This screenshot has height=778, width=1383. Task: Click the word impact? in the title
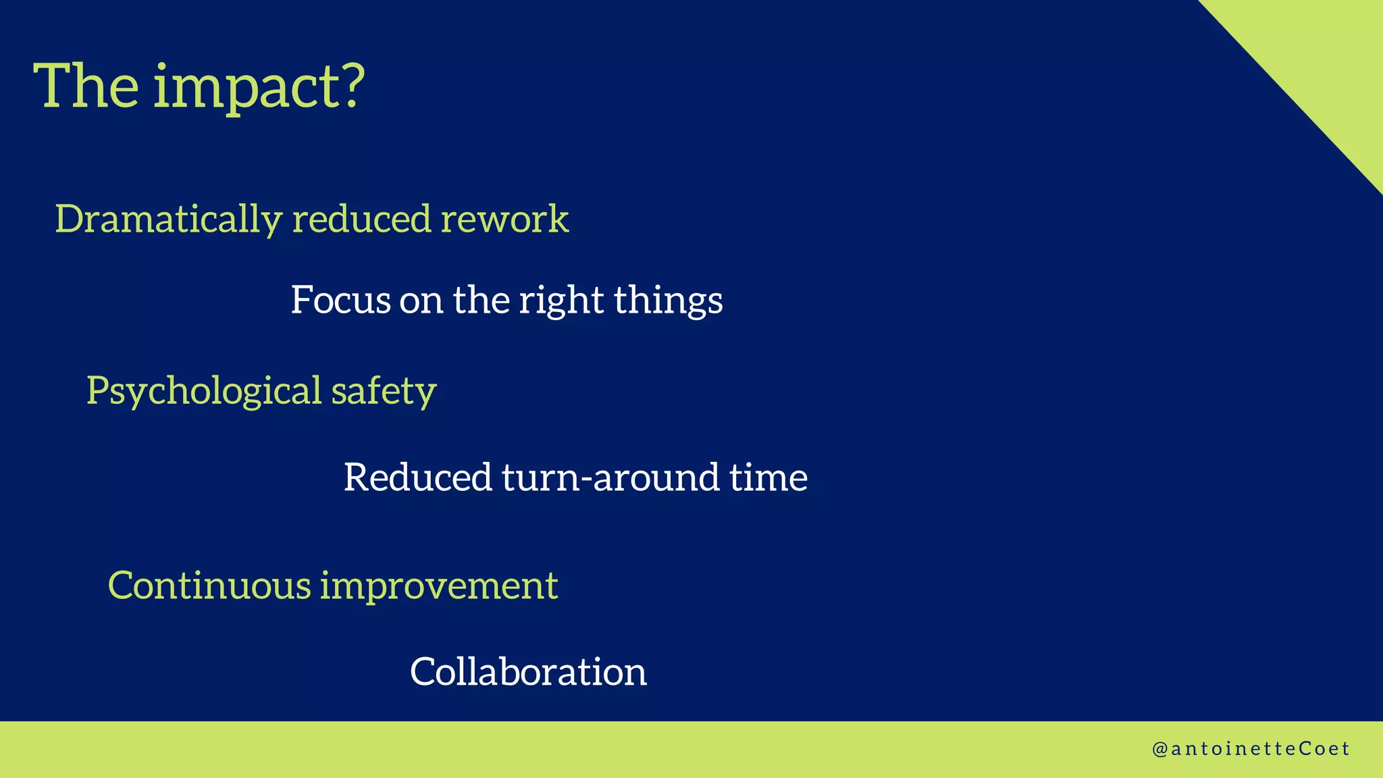pos(259,88)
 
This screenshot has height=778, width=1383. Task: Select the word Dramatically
pos(168,219)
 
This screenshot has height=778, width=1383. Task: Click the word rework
pos(504,219)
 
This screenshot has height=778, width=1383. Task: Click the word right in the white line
pos(560,301)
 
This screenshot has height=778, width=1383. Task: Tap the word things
pos(668,301)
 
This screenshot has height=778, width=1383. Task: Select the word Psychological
pos(204,392)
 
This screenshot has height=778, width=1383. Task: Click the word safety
pos(384,392)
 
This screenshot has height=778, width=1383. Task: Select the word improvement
pos(439,586)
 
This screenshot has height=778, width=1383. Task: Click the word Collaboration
pos(528,672)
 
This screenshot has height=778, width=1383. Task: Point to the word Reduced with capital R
pos(418,477)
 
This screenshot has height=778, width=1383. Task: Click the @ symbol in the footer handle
pos(1159,750)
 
